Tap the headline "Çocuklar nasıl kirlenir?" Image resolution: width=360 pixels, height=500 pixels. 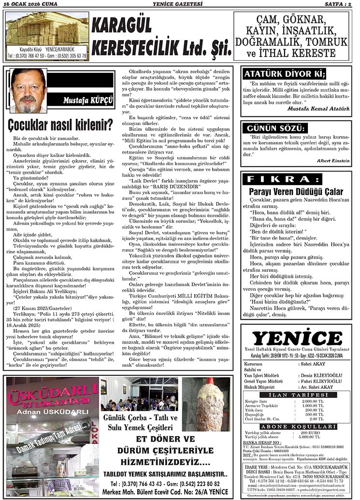(x=60, y=125)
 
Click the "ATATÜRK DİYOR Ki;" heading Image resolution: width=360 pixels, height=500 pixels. (x=285, y=74)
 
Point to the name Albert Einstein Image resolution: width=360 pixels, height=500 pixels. (x=333, y=160)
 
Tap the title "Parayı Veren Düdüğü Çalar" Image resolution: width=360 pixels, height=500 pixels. (x=296, y=191)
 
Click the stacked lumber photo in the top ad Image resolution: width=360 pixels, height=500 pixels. (x=47, y=29)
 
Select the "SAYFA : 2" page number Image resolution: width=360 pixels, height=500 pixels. (x=339, y=4)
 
